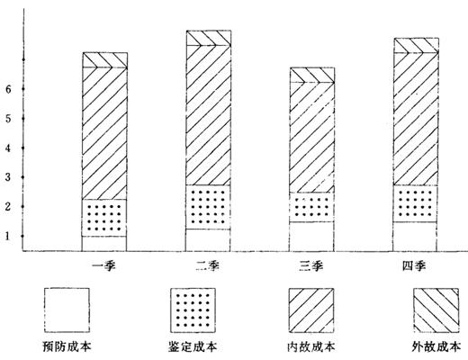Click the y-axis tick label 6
click(x=8, y=89)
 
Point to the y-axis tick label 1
click(x=8, y=236)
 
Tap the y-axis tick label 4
click(x=8, y=148)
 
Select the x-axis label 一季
click(x=103, y=265)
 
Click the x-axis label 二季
click(x=208, y=265)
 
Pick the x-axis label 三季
click(x=311, y=265)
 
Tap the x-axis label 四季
click(x=414, y=265)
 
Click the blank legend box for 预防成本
click(x=67, y=310)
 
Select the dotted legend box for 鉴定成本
click(x=193, y=310)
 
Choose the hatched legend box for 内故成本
click(x=311, y=310)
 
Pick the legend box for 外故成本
click(x=436, y=310)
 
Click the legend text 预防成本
click(x=67, y=346)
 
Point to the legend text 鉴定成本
click(x=193, y=346)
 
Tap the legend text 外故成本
click(x=436, y=346)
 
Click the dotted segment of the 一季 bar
click(x=104, y=218)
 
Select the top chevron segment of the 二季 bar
click(x=209, y=38)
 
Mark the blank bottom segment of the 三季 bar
click(x=311, y=237)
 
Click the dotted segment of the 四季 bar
click(x=415, y=203)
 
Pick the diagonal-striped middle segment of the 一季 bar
click(x=104, y=133)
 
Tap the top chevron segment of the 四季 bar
click(x=416, y=45)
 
